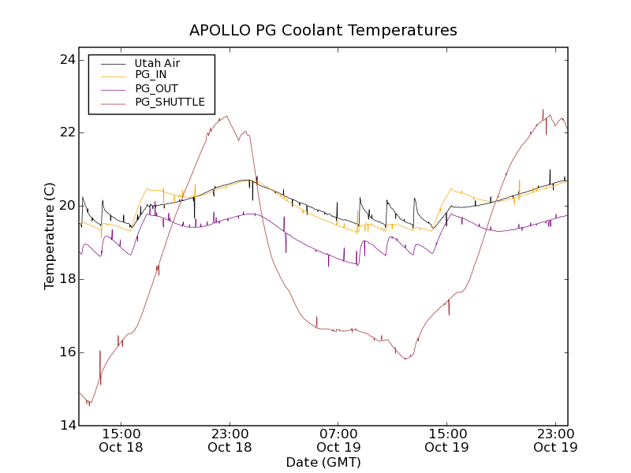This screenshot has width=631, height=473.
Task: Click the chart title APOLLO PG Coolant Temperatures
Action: (x=323, y=30)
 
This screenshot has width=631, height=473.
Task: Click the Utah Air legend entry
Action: (x=156, y=63)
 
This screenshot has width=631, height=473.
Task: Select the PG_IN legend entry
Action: (x=151, y=75)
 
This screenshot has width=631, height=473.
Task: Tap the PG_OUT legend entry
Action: (x=156, y=88)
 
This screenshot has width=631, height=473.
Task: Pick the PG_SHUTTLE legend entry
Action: (x=170, y=102)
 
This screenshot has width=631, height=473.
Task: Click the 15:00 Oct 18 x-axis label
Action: (x=121, y=441)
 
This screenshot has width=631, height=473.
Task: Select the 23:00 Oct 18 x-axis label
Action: (x=230, y=441)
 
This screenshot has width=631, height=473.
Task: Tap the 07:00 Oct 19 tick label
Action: (x=338, y=441)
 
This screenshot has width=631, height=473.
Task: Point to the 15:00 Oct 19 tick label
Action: (x=446, y=441)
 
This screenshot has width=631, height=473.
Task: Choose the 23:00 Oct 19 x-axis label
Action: (x=555, y=441)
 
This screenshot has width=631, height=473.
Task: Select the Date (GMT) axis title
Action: (x=323, y=462)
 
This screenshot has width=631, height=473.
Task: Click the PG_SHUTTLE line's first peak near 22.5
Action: (x=227, y=117)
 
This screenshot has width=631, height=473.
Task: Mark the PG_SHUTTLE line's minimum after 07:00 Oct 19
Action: (x=405, y=359)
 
